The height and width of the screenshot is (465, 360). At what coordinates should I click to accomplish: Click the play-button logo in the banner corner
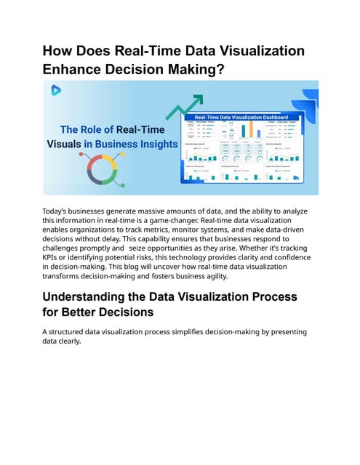[x=55, y=90]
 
